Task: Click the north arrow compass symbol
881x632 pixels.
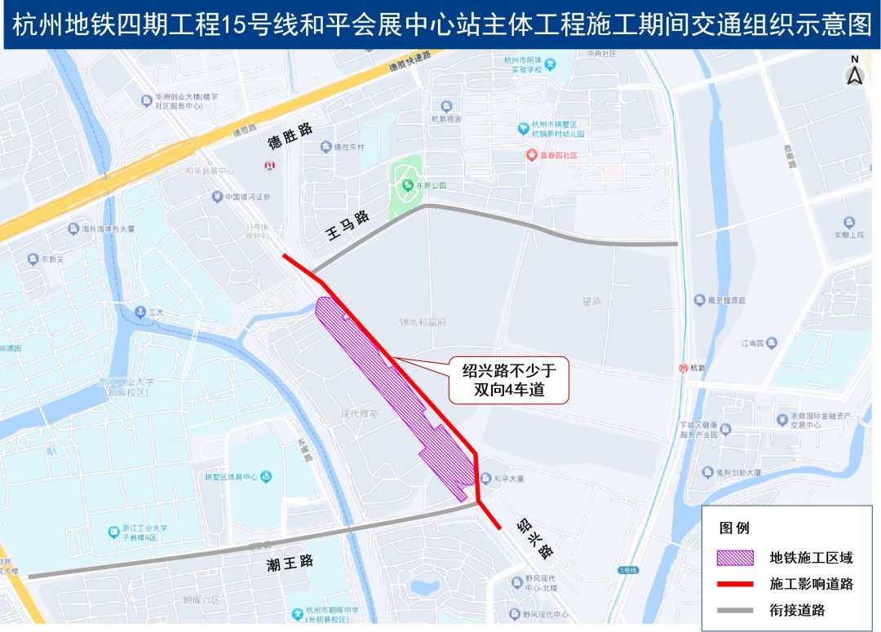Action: (x=855, y=73)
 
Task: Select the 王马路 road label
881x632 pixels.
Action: (x=348, y=227)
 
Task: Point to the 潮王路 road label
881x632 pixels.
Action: (x=290, y=562)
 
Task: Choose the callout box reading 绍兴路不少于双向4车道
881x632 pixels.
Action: (x=508, y=381)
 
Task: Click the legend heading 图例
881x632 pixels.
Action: (x=734, y=528)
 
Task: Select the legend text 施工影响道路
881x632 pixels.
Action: (x=811, y=584)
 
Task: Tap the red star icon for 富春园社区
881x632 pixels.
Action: (x=532, y=155)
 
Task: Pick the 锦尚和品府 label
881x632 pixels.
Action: (x=423, y=322)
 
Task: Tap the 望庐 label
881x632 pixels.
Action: (x=591, y=301)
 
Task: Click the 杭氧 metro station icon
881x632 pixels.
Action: (x=683, y=368)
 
